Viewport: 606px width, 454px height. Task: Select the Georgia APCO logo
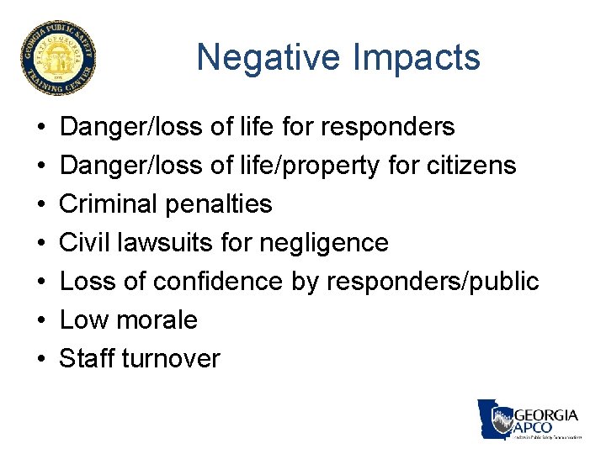click(529, 420)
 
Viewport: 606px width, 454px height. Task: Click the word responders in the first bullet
click(389, 127)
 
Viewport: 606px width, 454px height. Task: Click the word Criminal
click(113, 204)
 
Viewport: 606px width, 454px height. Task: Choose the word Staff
click(87, 359)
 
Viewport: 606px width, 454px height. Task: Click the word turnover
click(171, 359)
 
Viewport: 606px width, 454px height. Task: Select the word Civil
click(84, 243)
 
